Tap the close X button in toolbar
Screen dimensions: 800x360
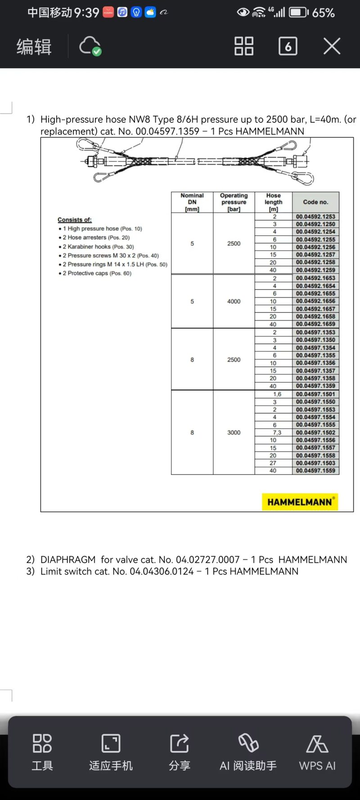tap(332, 46)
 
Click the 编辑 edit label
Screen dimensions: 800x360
tap(34, 47)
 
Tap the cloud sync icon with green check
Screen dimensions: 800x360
tap(90, 46)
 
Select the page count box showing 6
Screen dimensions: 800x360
tap(288, 46)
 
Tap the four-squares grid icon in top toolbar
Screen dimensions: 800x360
tap(244, 46)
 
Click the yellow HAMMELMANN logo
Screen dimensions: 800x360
tap(300, 502)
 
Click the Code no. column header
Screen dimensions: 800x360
tap(315, 202)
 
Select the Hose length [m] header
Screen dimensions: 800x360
tap(273, 202)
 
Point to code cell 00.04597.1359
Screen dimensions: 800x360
tap(315, 386)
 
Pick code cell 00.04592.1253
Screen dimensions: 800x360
tap(315, 216)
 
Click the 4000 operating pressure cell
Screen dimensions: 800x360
tap(234, 301)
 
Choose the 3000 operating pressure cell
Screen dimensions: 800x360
tap(234, 432)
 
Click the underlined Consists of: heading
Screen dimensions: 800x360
tap(75, 220)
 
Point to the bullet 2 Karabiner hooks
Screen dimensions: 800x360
tap(98, 247)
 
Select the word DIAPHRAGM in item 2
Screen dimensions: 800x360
tap(68, 559)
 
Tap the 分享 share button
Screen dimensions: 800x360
tap(180, 752)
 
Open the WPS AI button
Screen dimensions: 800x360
tap(317, 752)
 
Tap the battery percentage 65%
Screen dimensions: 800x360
tap(323, 13)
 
